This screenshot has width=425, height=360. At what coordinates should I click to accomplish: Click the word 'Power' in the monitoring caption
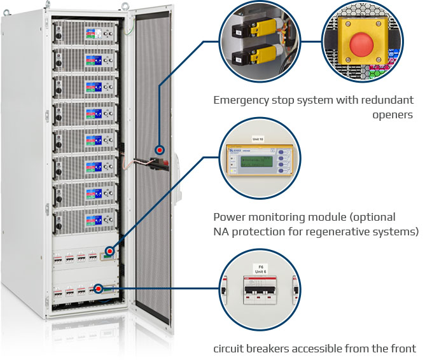[228, 217]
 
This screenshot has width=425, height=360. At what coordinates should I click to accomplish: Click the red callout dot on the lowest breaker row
[98, 289]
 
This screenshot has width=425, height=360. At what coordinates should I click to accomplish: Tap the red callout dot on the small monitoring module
[110, 252]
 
